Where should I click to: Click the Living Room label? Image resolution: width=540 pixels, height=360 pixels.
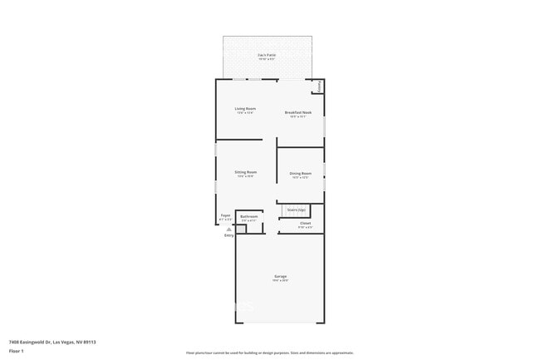pyautogui.click(x=245, y=109)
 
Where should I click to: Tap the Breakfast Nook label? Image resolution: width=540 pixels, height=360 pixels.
pyautogui.click(x=298, y=112)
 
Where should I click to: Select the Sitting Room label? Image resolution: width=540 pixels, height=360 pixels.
pyautogui.click(x=246, y=172)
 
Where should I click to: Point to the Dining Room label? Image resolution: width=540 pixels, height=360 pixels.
pyautogui.click(x=301, y=173)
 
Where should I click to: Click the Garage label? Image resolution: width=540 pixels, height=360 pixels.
pyautogui.click(x=281, y=276)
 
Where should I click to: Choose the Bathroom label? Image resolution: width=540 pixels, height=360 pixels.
pyautogui.click(x=249, y=216)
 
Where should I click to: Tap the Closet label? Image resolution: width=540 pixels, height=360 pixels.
pyautogui.click(x=305, y=223)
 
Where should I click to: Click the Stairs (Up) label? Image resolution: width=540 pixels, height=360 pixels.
pyautogui.click(x=297, y=210)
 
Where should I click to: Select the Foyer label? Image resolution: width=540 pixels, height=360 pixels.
pyautogui.click(x=225, y=216)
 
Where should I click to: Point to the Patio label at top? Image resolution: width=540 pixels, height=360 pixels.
pyautogui.click(x=267, y=55)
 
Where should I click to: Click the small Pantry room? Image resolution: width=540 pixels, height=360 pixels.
pyautogui.click(x=317, y=86)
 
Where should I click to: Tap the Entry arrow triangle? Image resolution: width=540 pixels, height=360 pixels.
pyautogui.click(x=229, y=229)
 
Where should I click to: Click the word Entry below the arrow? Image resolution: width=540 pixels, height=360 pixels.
pyautogui.click(x=229, y=235)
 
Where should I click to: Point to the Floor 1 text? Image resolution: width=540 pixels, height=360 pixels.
pyautogui.click(x=16, y=350)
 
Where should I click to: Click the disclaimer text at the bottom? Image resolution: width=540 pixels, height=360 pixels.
pyautogui.click(x=270, y=353)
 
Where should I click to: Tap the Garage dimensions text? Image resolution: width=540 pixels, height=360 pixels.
pyautogui.click(x=281, y=280)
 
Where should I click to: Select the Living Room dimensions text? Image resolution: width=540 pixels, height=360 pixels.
pyautogui.click(x=245, y=113)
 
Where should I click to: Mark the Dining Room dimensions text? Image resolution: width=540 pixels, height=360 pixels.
pyautogui.click(x=301, y=177)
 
